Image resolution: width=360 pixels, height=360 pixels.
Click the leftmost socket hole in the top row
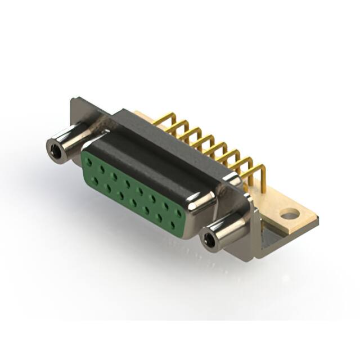(x=89, y=162)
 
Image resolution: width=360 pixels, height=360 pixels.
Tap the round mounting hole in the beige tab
(x=289, y=214)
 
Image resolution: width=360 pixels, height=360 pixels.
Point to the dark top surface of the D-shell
(x=163, y=152)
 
